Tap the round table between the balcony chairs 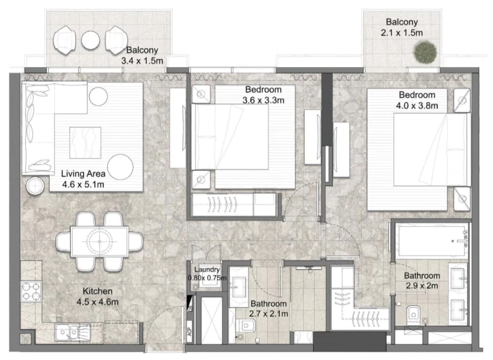click(91, 40)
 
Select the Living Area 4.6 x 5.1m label click(83, 179)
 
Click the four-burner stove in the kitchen click(31, 291)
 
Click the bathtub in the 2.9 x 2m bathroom click(432, 241)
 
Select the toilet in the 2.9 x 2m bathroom click(414, 313)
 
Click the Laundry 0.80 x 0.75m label click(207, 274)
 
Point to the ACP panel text click(190, 331)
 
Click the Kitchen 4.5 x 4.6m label click(98, 297)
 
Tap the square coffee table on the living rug click(85, 142)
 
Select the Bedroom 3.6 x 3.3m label click(263, 95)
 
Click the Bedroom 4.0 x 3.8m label click(417, 100)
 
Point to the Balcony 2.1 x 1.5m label click(402, 27)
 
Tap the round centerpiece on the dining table click(100, 242)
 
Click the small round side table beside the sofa click(35, 186)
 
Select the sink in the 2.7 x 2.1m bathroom click(239, 287)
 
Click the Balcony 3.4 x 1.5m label click(142, 55)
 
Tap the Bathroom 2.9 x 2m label click(422, 281)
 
